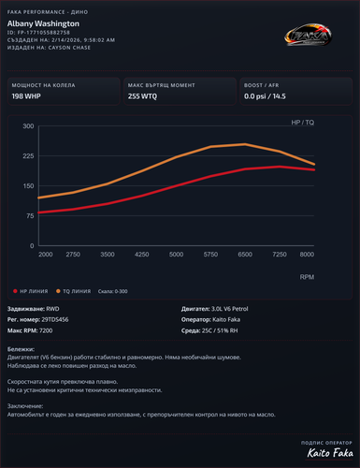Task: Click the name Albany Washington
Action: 44,22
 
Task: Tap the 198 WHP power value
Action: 25,95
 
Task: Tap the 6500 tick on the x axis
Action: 245,255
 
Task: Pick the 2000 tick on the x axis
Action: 45,255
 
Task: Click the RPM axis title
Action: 307,277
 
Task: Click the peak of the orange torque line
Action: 245,144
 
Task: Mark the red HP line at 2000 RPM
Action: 39,212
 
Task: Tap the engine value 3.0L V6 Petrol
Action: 233,307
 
